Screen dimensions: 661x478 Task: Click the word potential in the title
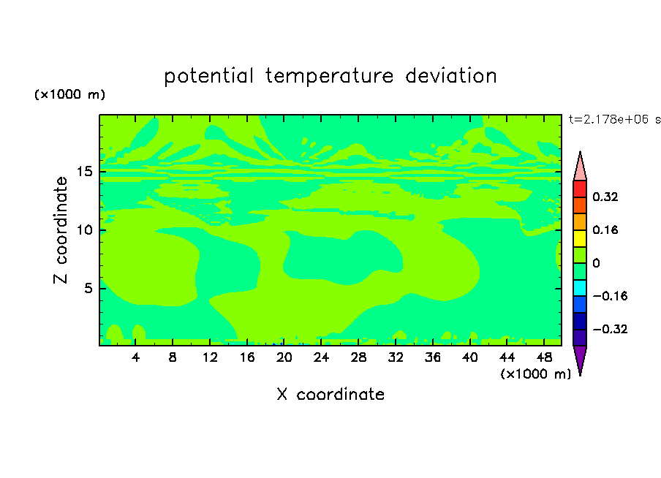click(x=208, y=77)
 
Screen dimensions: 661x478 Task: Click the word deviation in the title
click(x=451, y=76)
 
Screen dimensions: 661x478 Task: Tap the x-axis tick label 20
click(x=284, y=357)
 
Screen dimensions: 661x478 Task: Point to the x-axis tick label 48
click(x=544, y=357)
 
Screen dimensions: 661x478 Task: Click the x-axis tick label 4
click(x=135, y=357)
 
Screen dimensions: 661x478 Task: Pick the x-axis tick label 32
click(x=396, y=357)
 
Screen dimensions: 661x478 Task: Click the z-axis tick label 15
click(x=85, y=172)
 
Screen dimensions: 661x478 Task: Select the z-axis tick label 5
click(x=88, y=288)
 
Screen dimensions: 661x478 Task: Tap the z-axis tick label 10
click(x=85, y=230)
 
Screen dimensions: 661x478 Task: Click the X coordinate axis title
click(x=330, y=394)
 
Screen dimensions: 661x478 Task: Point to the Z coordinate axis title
click(x=61, y=230)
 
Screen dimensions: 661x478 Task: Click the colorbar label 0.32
click(x=605, y=197)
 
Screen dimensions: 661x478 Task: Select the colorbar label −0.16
click(x=610, y=296)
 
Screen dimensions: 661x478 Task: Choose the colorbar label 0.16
click(x=605, y=229)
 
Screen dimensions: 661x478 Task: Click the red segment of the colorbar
click(x=580, y=189)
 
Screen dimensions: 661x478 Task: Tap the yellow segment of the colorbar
click(x=580, y=238)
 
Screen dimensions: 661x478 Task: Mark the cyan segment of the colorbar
click(x=580, y=288)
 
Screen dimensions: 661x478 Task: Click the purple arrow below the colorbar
click(x=580, y=358)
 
